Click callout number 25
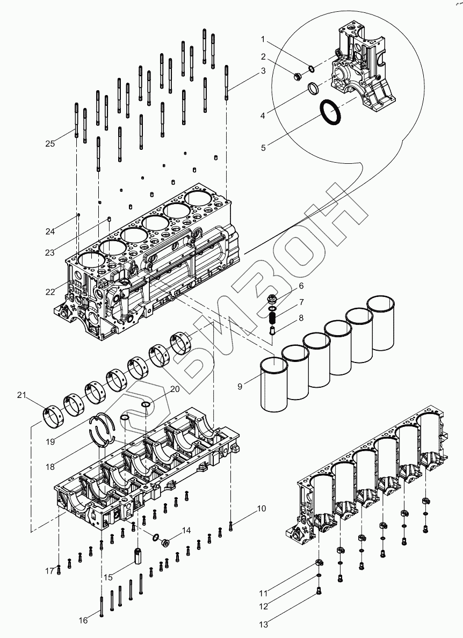pos(50,143)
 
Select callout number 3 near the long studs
pos(263,71)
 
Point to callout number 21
pos(21,396)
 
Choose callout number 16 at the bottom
pos(83,620)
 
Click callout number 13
pos(263,624)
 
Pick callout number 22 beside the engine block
pos(50,292)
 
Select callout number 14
pos(186,531)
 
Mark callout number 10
pos(261,508)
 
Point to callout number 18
pos(50,467)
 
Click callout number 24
pos(50,231)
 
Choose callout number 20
pos(175,389)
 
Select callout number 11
pos(263,593)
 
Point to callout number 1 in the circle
pos(263,39)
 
